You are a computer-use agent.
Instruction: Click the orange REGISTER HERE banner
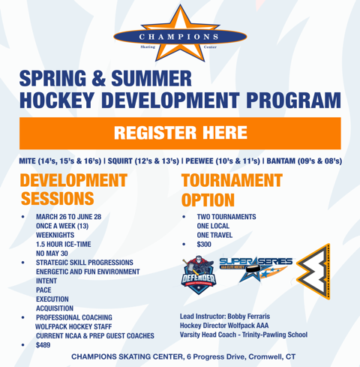click(180, 133)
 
